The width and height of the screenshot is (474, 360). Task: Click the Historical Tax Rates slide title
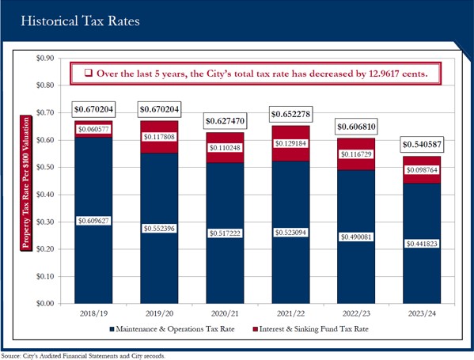81,21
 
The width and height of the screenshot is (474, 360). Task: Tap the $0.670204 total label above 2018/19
93,109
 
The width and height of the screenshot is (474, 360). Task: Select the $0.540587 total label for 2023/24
422,145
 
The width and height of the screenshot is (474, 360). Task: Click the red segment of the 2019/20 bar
159,137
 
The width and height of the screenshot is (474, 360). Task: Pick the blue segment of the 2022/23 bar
356,237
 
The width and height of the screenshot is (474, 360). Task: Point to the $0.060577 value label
93,130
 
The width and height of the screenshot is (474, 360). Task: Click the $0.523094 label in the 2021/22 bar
290,233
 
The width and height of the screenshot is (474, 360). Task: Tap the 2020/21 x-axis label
225,313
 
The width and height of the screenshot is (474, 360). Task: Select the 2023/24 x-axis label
422,313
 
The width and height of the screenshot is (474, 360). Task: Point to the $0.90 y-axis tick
45,58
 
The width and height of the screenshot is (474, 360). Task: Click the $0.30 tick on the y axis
45,222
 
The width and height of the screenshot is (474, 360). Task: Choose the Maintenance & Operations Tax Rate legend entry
172,329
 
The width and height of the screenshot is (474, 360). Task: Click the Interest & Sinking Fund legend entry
310,329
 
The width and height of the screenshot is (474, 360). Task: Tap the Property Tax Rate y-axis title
26,183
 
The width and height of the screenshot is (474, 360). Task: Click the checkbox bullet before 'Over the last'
89,73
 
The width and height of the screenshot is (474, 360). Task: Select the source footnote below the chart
83,356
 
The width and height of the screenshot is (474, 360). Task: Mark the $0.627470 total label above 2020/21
225,121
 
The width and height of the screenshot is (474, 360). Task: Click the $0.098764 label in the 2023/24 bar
422,170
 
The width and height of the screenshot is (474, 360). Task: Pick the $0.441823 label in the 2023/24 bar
422,244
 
